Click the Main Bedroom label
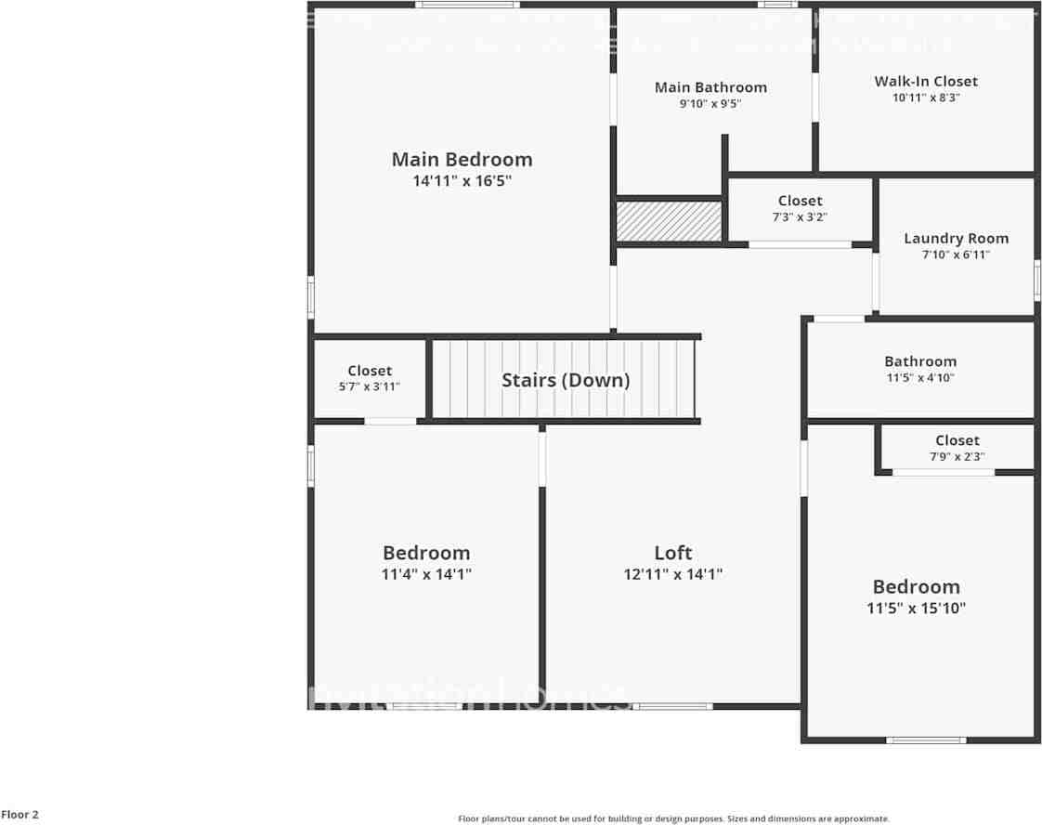click(x=462, y=160)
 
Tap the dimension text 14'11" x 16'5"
click(x=462, y=181)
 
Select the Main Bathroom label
click(x=710, y=87)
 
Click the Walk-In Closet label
click(x=926, y=82)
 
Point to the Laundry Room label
click(x=956, y=239)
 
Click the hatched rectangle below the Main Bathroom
click(x=670, y=221)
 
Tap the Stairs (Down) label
click(x=566, y=380)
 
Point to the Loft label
click(x=672, y=553)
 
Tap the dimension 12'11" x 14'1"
click(x=672, y=574)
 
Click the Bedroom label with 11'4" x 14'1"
click(x=426, y=553)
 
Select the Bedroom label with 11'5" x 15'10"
click(x=916, y=587)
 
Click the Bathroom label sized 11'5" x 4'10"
click(x=919, y=361)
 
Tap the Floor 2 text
click(x=20, y=815)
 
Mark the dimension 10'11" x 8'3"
click(x=926, y=97)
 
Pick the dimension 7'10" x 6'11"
click(x=956, y=255)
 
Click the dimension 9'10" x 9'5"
click(x=710, y=104)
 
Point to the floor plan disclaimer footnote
click(x=673, y=818)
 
